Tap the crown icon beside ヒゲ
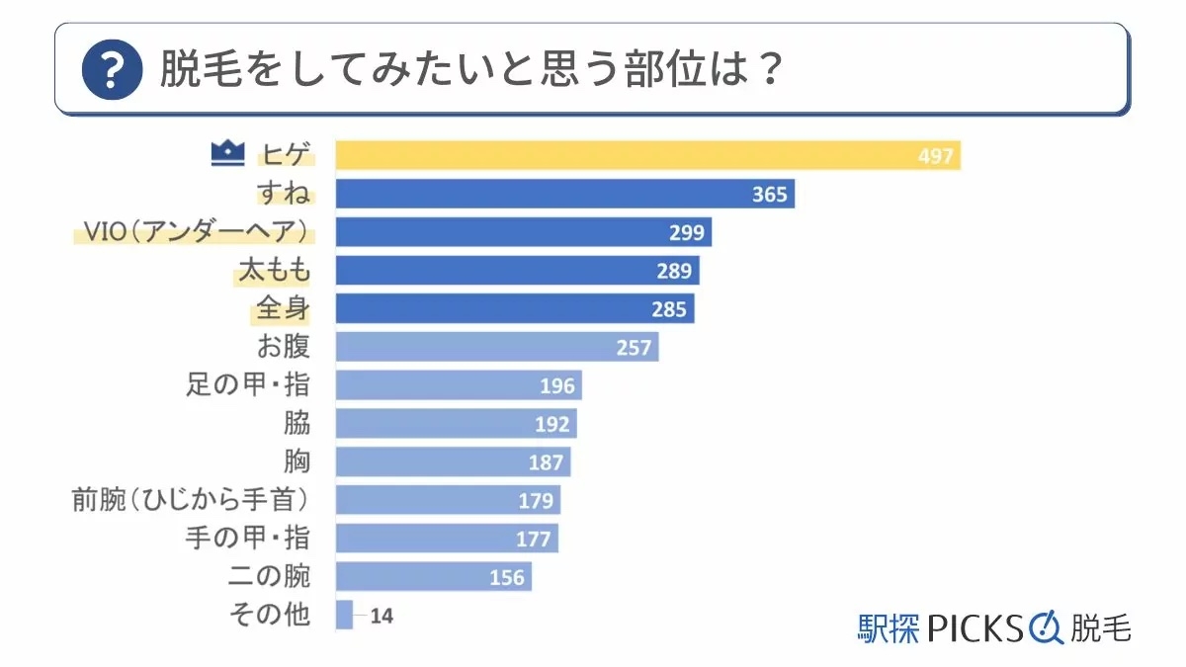[227, 153]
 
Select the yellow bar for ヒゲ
[647, 155]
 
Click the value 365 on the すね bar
[769, 194]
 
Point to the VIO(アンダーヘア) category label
[194, 232]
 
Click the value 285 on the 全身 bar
[668, 309]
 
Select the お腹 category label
[283, 347]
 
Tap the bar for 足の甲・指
[459, 385]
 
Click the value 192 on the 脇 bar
[551, 424]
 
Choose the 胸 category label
[296, 461]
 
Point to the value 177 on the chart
[535, 539]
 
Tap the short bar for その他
[344, 615]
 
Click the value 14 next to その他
[381, 616]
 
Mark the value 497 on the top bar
[934, 156]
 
